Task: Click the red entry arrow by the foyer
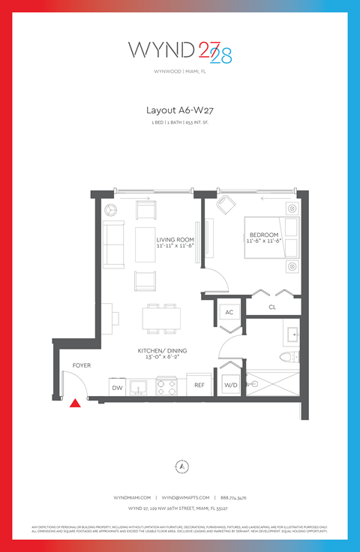[75, 403]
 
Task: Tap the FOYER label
[81, 365]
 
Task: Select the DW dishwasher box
[117, 387]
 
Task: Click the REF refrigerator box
[199, 385]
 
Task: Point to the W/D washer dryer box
[230, 385]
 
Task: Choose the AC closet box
[229, 312]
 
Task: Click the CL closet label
[274, 307]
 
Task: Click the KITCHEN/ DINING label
[162, 351]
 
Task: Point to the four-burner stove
[166, 387]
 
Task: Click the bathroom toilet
[289, 356]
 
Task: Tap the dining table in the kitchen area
[162, 319]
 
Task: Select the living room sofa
[114, 244]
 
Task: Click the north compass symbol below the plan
[181, 466]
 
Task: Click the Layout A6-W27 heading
[180, 109]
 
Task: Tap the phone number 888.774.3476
[233, 497]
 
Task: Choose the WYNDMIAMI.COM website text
[133, 497]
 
